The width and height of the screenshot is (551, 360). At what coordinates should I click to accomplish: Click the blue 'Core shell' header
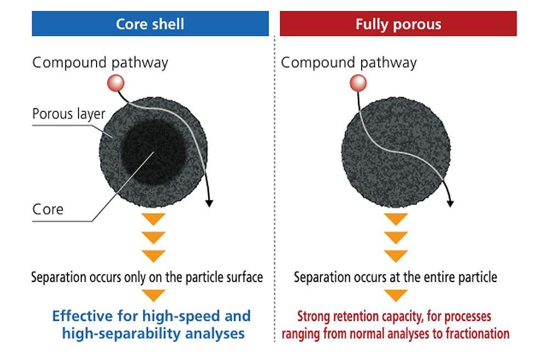tap(150, 24)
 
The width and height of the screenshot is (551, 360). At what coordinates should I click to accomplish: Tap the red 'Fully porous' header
tap(398, 24)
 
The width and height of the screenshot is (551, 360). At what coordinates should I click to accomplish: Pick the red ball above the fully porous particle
tap(358, 83)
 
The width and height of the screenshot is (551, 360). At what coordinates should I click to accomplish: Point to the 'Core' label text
tap(48, 209)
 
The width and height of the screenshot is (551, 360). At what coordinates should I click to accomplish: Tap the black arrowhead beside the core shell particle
tap(209, 203)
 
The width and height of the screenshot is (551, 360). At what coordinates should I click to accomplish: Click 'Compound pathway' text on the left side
tap(100, 63)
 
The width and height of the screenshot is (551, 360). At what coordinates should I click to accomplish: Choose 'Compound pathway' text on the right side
tap(348, 63)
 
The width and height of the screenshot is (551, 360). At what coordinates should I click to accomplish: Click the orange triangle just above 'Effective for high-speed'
tap(153, 295)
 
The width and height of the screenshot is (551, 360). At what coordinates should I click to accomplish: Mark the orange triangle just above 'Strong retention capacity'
tap(395, 295)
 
